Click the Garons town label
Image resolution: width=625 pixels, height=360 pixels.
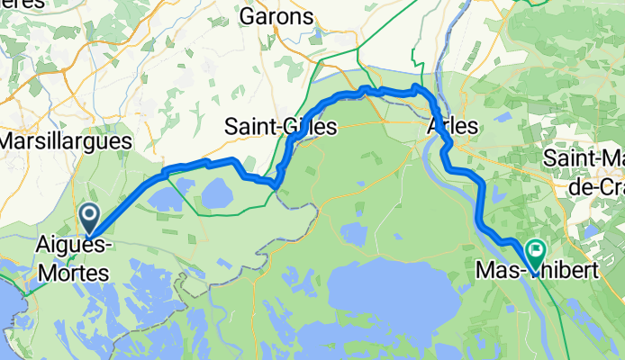[276, 17]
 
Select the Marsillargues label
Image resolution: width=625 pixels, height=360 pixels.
[66, 141]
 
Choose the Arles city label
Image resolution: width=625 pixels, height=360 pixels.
[454, 126]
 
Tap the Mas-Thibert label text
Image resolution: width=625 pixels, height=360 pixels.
[535, 269]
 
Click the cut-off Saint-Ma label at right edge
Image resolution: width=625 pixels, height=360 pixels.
[584, 158]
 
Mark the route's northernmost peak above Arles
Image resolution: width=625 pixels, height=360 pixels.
[415, 86]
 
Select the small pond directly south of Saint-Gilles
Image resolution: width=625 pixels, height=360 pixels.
[353, 234]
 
